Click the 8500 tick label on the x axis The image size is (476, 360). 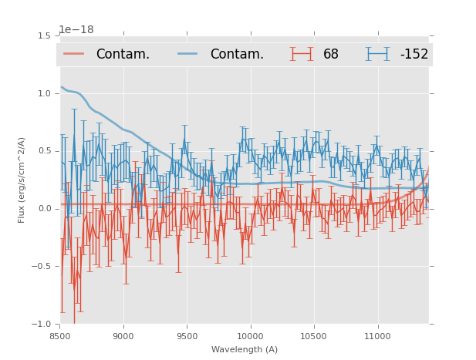click(x=60, y=335)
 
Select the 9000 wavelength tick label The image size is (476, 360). click(x=123, y=335)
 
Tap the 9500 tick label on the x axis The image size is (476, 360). click(x=187, y=335)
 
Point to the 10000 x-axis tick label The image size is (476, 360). click(x=250, y=335)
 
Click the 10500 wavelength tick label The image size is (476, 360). click(x=313, y=335)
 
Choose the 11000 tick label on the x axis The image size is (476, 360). click(x=377, y=335)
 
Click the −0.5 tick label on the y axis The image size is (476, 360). click(x=43, y=267)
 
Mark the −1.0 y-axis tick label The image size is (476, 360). click(x=43, y=325)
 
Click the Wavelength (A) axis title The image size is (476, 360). click(x=245, y=349)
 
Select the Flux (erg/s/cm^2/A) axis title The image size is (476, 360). click(x=22, y=180)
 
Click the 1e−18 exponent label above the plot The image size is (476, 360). click(x=76, y=30)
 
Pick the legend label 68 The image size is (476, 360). click(x=331, y=55)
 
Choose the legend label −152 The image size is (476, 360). click(x=414, y=55)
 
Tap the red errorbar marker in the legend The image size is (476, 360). click(x=302, y=54)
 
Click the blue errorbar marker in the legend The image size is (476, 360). click(x=379, y=54)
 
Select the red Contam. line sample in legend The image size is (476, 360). click(x=75, y=54)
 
